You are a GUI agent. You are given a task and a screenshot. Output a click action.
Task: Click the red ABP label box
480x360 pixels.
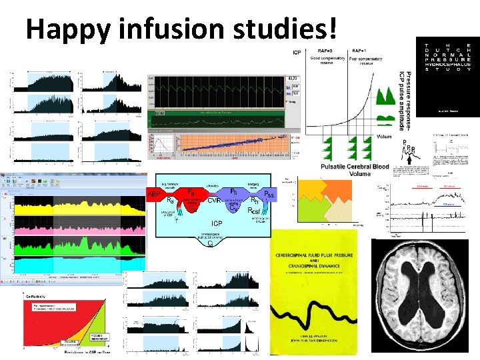pos(155,193)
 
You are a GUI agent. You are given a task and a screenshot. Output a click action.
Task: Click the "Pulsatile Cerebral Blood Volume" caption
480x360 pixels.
pos(354,169)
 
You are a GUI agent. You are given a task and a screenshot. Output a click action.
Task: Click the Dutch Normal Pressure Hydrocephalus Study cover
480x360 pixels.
pos(447,77)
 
